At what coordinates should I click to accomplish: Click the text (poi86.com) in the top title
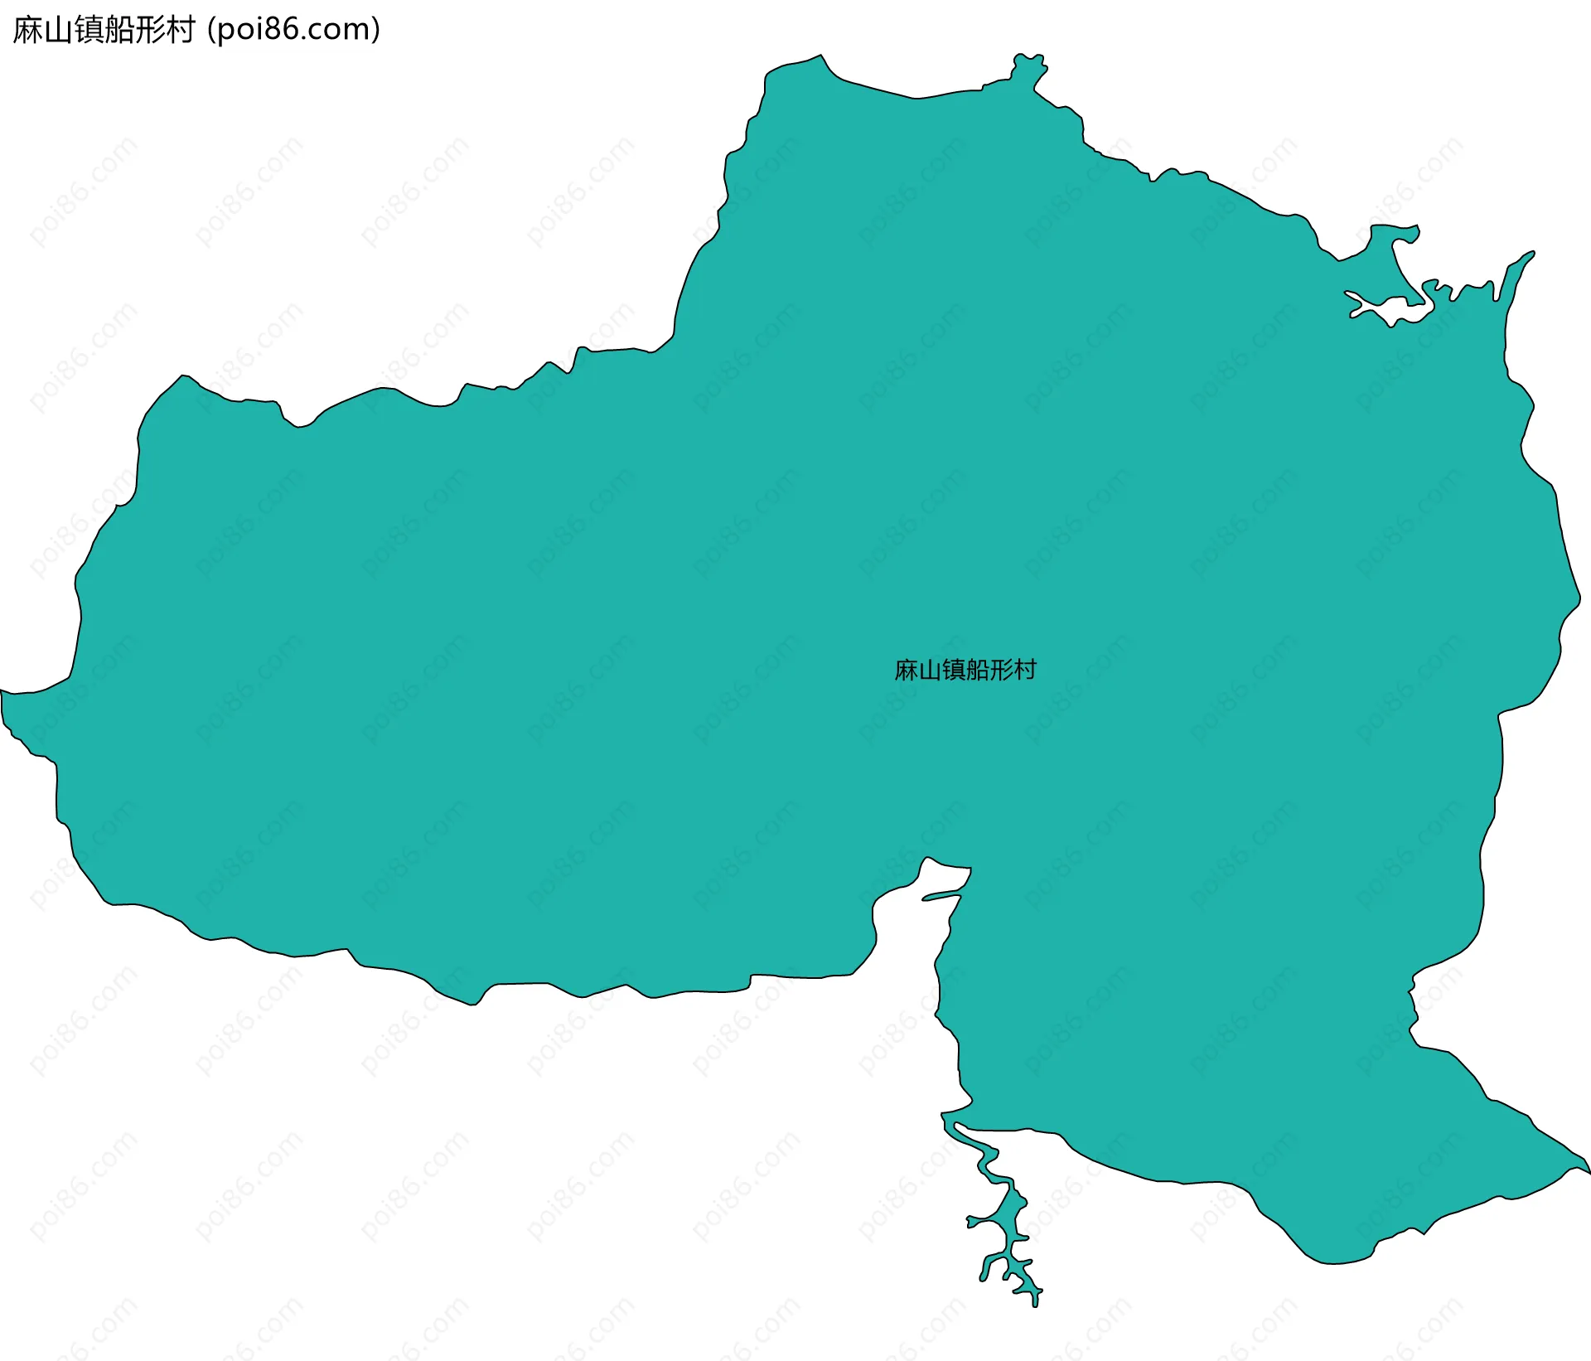294,30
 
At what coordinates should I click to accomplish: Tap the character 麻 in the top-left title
28,30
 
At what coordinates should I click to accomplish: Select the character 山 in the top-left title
58,30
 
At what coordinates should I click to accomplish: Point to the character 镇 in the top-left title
89,30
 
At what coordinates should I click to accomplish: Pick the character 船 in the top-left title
119,30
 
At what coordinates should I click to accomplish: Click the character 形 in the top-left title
150,30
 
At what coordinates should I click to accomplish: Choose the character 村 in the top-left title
180,30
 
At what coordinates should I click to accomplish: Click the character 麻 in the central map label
907,670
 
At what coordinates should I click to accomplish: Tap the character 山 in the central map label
931,670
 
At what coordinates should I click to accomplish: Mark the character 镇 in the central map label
954,670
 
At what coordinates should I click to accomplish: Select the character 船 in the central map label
978,670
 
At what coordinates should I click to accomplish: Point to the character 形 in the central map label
1001,670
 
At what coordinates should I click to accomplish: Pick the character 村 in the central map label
1025,670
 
